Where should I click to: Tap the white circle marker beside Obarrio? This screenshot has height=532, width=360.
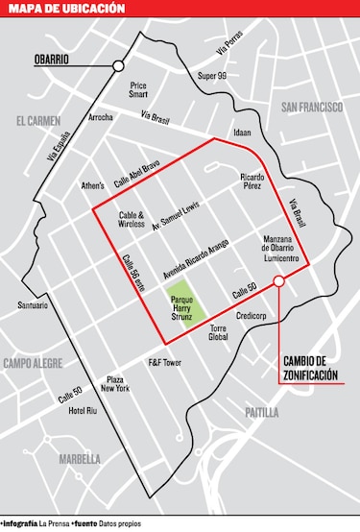coord(118,65)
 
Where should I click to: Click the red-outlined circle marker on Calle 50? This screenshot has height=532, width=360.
coord(278,281)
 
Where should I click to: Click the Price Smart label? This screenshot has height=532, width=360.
coord(139,89)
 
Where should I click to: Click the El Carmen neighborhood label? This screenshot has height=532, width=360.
coord(38,121)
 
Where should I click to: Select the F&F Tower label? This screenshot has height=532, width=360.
coord(164,363)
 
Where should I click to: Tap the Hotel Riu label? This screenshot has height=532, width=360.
coord(84,411)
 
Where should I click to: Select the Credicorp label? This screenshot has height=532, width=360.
coord(251,314)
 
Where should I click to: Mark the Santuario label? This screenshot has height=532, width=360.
coord(33,306)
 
